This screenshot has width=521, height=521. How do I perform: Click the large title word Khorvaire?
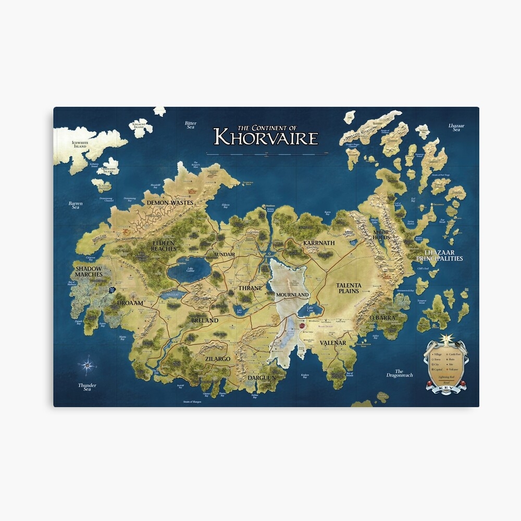tap(265, 138)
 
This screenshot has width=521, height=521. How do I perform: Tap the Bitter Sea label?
tap(191, 125)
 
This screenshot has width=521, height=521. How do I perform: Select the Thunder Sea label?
tap(87, 387)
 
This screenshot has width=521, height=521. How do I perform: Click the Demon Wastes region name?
tap(170, 202)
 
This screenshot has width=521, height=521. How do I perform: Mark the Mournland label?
tap(293, 295)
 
